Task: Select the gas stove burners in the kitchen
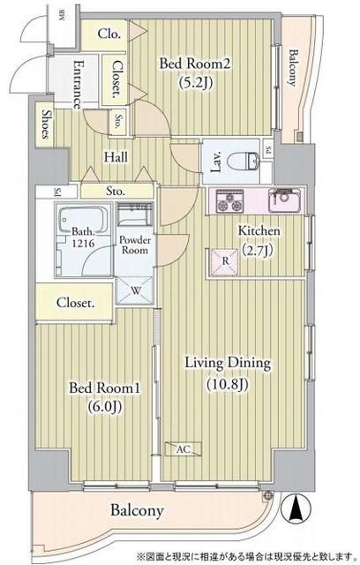point(229,202)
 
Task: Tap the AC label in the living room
point(184,449)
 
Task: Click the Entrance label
point(78,85)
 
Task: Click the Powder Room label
point(137,244)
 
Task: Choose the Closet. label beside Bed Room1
point(76,303)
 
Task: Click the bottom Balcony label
point(137,510)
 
